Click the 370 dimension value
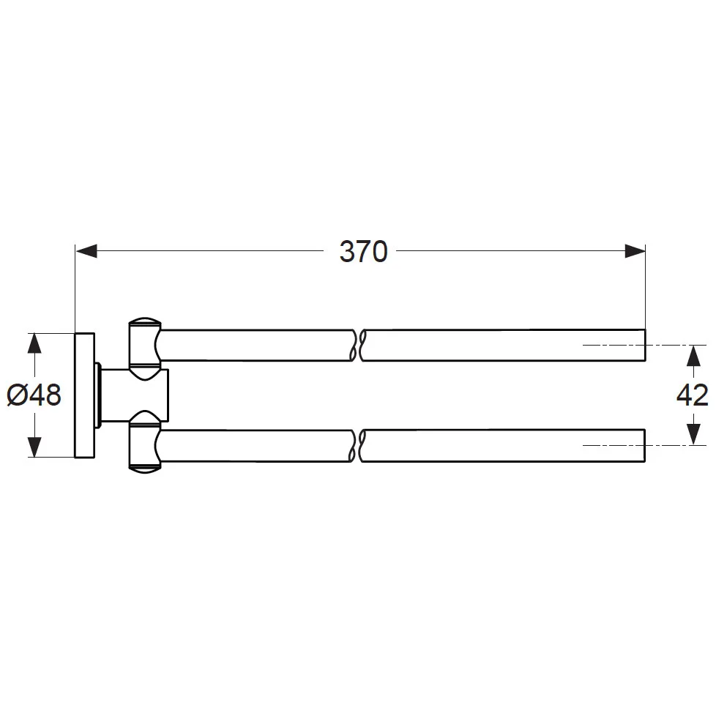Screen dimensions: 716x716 [362, 252]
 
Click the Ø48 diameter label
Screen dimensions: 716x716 [34, 395]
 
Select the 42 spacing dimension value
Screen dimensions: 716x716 [691, 395]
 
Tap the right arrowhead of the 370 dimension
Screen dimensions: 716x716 [635, 252]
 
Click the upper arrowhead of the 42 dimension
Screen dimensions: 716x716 [691, 355]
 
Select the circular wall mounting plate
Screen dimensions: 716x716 [85, 395]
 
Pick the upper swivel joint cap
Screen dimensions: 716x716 [143, 344]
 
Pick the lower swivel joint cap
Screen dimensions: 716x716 [143, 445]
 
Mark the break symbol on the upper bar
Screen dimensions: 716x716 [357, 345]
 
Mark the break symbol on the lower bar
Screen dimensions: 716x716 [357, 446]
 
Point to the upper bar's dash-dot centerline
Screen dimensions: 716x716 [630, 345]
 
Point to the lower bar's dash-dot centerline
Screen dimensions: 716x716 [630, 446]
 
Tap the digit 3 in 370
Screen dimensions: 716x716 [348, 252]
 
